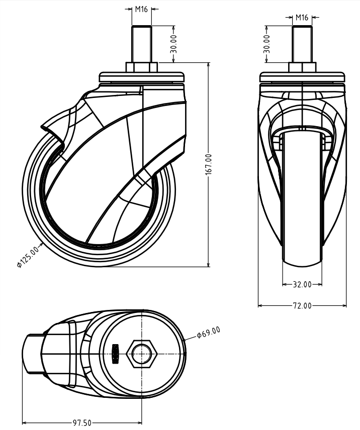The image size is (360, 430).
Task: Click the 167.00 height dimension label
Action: coord(209,165)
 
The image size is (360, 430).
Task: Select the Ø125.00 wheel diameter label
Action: coord(27,255)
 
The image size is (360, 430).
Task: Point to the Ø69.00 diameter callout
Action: coord(208,332)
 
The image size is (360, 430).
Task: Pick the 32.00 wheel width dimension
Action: coord(302,284)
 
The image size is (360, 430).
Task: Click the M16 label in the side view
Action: coord(141,9)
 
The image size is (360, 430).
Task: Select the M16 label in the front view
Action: coord(302,17)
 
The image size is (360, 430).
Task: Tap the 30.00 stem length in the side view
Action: coord(173,44)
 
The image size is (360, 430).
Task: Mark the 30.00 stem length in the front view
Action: coord(267,44)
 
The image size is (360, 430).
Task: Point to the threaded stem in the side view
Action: coord(141,44)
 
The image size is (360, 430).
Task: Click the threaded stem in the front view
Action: coord(302,44)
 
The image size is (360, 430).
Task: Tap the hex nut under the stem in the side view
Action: coord(141,67)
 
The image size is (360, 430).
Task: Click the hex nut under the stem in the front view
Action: coord(302,68)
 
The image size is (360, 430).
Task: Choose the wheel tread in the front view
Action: coord(302,201)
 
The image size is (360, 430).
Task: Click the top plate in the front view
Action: coord(302,78)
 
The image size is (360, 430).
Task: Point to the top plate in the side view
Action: coord(141,77)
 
